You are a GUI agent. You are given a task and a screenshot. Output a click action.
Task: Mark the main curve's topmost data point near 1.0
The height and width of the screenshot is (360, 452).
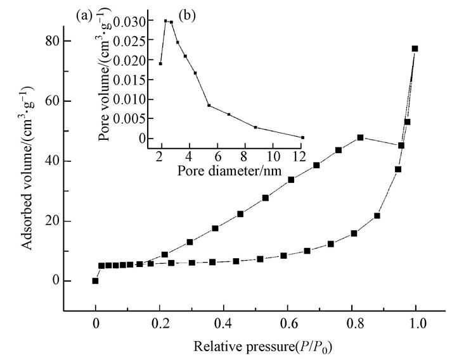[x=415, y=48]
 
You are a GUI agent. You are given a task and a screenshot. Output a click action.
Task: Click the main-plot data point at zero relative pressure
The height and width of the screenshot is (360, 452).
[x=96, y=281]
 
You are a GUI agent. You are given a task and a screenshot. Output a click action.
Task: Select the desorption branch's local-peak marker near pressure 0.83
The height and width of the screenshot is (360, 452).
[x=360, y=137]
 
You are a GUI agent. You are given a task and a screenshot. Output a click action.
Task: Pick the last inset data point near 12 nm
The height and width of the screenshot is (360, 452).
[x=303, y=137]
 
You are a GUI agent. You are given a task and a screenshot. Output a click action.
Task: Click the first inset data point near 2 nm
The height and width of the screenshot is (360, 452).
[x=160, y=63]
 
